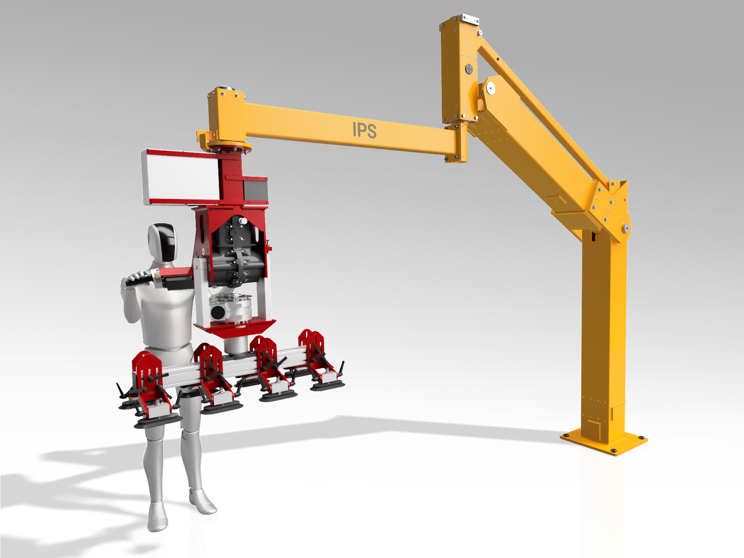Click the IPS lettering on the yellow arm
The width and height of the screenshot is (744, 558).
(x=365, y=130)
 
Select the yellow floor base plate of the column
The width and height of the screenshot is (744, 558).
(x=604, y=442)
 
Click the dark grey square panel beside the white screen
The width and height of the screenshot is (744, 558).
(x=256, y=191)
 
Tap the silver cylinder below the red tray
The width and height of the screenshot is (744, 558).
(x=236, y=345)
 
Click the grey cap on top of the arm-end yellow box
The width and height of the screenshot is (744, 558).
(x=225, y=89)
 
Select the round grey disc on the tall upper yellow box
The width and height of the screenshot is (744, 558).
(x=469, y=69)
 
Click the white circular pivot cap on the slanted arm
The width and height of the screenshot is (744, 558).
(x=490, y=89)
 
